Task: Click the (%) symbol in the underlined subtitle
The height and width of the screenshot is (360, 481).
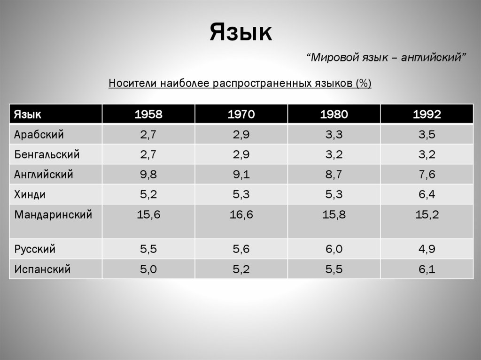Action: (364, 84)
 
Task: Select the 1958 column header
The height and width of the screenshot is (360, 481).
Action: (148, 115)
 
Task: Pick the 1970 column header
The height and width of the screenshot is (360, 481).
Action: (241, 115)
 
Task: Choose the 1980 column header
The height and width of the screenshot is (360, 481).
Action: (334, 115)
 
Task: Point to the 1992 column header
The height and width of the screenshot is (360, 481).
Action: (427, 115)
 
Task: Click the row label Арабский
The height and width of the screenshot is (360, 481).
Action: (39, 135)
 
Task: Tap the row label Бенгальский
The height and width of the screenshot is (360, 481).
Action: (47, 155)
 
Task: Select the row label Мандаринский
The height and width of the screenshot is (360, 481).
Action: (53, 215)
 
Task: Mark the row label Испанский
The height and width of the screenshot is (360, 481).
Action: (43, 269)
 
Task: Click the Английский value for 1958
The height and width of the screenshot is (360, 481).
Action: (148, 175)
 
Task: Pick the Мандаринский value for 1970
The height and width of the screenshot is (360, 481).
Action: (241, 215)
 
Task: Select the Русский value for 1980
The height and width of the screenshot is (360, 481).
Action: (334, 249)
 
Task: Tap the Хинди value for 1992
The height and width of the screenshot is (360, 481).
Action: (427, 195)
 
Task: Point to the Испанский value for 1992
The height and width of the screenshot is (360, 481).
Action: (427, 269)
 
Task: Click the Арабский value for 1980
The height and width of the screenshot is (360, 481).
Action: (334, 135)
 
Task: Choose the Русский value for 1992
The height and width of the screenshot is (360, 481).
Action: (427, 249)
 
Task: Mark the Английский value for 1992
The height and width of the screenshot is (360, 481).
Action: (427, 175)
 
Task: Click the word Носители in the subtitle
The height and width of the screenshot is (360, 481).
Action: (133, 84)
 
